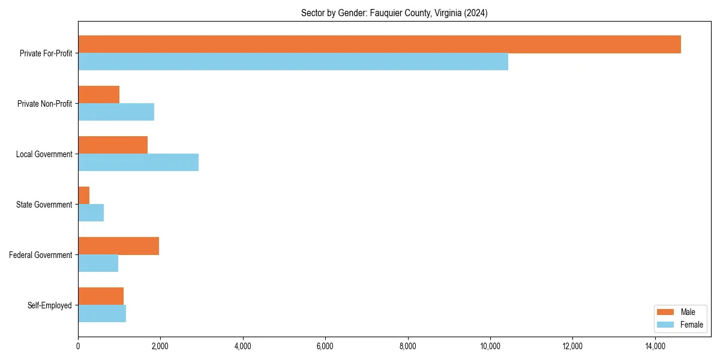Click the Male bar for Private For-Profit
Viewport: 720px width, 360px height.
pyautogui.click(x=379, y=44)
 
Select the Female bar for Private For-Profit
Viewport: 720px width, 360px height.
pyautogui.click(x=293, y=62)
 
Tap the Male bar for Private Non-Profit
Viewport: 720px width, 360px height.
pyautogui.click(x=98, y=95)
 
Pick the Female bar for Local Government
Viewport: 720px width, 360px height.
pyautogui.click(x=138, y=163)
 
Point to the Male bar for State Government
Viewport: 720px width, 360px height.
pyautogui.click(x=84, y=196)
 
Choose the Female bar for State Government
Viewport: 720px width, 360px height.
pyautogui.click(x=91, y=213)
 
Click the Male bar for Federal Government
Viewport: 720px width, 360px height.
pyautogui.click(x=118, y=246)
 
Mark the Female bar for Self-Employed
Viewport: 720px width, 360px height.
pyautogui.click(x=102, y=314)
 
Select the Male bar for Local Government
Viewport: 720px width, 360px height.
pyautogui.click(x=113, y=145)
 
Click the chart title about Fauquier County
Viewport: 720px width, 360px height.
pyautogui.click(x=394, y=13)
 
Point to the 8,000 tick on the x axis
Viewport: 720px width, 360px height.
pyautogui.click(x=408, y=346)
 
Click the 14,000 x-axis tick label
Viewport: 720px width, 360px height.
pyautogui.click(x=655, y=346)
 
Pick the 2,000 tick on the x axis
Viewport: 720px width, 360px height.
pyautogui.click(x=160, y=346)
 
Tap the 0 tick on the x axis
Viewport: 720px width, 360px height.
pyautogui.click(x=78, y=346)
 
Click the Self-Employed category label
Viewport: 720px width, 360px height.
pyautogui.click(x=50, y=305)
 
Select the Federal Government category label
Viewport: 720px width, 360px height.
pyautogui.click(x=41, y=255)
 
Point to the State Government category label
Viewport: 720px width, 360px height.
pyautogui.click(x=44, y=205)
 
